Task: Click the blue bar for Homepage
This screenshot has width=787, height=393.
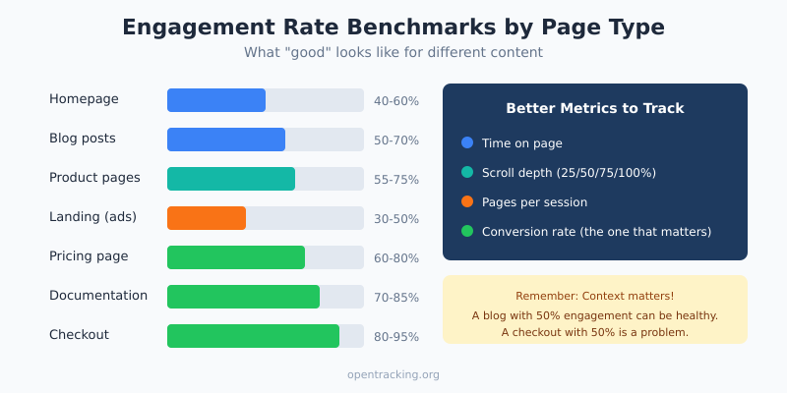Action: [x=216, y=100]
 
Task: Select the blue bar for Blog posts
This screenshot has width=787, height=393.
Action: [x=226, y=140]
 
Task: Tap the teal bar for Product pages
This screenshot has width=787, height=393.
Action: [x=231, y=179]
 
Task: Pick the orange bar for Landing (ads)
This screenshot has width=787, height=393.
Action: [x=207, y=218]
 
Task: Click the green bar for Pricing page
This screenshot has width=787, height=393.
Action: [x=236, y=257]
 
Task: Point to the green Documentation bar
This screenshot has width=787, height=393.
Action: [x=243, y=297]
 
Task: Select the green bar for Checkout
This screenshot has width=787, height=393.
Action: [x=253, y=336]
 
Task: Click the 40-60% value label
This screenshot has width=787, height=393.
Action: [x=396, y=101]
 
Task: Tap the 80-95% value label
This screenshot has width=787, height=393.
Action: [x=396, y=337]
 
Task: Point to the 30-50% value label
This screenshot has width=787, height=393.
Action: [x=396, y=219]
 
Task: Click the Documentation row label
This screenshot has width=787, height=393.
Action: [x=98, y=296]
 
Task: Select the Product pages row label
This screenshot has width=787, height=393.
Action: [x=94, y=178]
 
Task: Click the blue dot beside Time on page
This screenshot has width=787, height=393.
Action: [x=467, y=143]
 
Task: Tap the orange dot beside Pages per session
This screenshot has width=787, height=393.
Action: [x=467, y=202]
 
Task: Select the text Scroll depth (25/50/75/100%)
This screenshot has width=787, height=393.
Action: [x=569, y=173]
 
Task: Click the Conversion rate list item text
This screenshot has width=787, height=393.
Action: [x=596, y=232]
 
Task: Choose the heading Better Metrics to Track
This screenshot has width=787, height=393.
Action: [x=594, y=108]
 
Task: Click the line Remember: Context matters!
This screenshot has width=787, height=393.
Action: [x=594, y=296]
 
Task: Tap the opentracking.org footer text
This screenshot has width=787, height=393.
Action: [x=393, y=374]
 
